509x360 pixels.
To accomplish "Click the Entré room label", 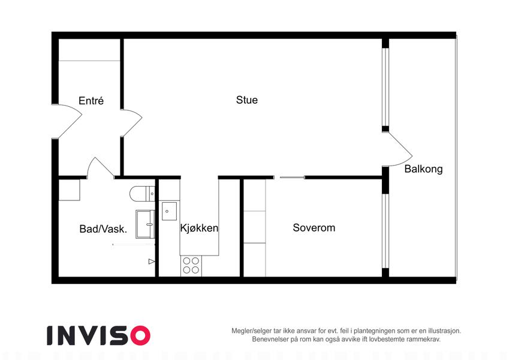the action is [91, 100].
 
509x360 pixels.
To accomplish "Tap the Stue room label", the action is [247, 100].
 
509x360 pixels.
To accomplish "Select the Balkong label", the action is [423, 169].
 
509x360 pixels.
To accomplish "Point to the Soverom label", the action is [314, 227].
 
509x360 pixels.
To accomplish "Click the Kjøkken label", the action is [199, 228].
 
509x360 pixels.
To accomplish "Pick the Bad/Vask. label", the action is [103, 229].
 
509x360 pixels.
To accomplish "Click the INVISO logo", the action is [99, 335].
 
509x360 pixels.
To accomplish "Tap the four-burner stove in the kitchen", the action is [191, 265].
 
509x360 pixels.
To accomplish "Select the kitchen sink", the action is [169, 211].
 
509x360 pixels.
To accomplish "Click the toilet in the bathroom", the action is [142, 194].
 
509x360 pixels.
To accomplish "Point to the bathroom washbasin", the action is [145, 224].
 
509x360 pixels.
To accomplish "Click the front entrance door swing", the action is [70, 121].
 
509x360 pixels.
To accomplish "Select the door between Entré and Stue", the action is [131, 123].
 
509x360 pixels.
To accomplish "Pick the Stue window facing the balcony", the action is [385, 87].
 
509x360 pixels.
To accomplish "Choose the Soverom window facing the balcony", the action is [385, 231].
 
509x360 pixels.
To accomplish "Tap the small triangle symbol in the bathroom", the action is [151, 261].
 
